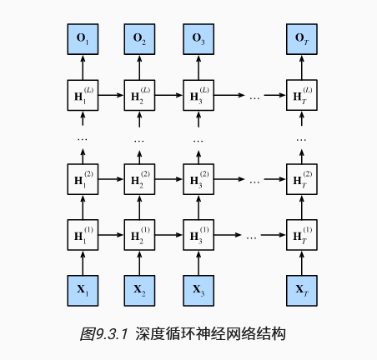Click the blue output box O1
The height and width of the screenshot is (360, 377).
pyautogui.click(x=83, y=39)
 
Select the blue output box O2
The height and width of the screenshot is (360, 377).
pyautogui.click(x=140, y=39)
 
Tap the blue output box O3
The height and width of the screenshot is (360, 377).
pyautogui.click(x=199, y=39)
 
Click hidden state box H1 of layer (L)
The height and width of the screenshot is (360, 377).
pyautogui.click(x=83, y=95)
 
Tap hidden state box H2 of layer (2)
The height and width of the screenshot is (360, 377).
pyautogui.click(x=140, y=178)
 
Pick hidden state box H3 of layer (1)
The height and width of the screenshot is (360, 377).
pyautogui.click(x=199, y=235)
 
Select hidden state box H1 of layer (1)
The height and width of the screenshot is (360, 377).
pyautogui.click(x=83, y=235)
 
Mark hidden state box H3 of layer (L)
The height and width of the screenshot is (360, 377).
pyautogui.click(x=199, y=95)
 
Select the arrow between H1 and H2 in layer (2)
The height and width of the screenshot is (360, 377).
pyautogui.click(x=111, y=178)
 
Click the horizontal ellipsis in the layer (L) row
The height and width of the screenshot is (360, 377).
pyautogui.click(x=254, y=96)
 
